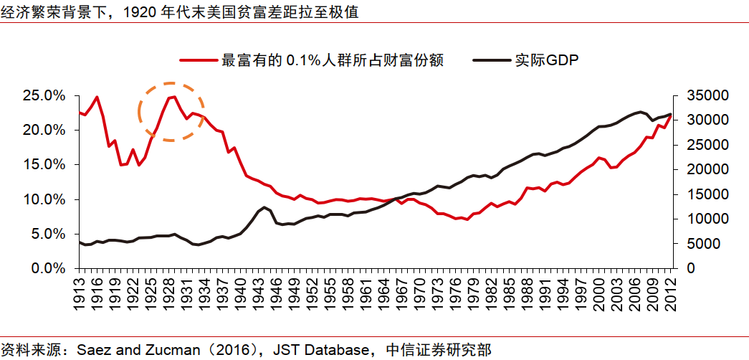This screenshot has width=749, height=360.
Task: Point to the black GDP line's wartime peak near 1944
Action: point(264,207)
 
